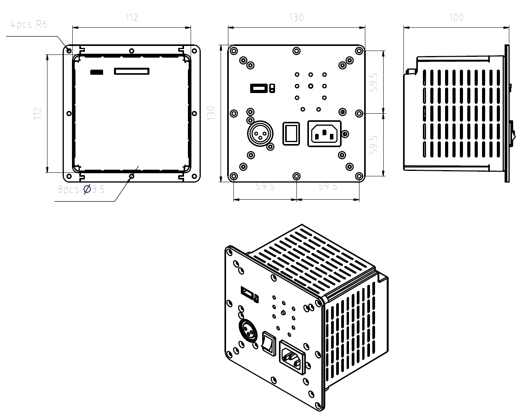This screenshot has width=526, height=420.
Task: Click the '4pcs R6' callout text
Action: (x=29, y=25)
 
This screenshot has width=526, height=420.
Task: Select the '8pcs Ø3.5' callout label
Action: (x=81, y=190)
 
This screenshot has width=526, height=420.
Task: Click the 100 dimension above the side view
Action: (x=456, y=18)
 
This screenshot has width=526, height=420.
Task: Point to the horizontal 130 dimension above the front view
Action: (x=296, y=18)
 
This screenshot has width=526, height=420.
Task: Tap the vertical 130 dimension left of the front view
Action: (x=211, y=113)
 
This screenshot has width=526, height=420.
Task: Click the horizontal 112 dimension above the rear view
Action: (x=131, y=18)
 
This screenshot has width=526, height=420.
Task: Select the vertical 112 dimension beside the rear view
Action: (x=37, y=113)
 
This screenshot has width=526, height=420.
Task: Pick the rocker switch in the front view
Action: (x=291, y=134)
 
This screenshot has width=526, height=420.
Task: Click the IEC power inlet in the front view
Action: (x=324, y=134)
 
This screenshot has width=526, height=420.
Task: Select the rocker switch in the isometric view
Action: (x=269, y=343)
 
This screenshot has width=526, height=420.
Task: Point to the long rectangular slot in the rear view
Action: (x=131, y=71)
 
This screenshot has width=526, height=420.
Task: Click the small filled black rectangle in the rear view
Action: (x=96, y=72)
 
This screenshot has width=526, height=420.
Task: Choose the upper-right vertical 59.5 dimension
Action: (x=373, y=82)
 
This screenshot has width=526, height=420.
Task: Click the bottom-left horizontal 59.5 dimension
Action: (x=265, y=186)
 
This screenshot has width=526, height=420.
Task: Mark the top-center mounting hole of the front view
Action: (x=296, y=51)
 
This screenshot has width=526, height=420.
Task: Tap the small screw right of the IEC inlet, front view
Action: (x=345, y=134)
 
